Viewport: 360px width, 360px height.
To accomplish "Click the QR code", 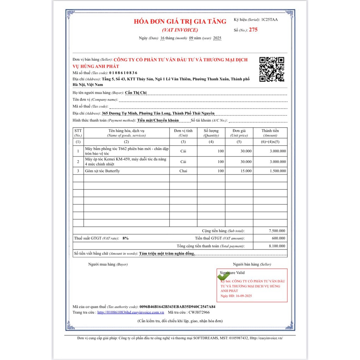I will tap(271, 69).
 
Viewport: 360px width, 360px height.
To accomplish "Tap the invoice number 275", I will tap(253, 30).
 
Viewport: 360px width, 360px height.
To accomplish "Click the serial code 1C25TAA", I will tap(269, 20).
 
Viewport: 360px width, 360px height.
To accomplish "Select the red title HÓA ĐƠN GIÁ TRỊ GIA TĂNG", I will tap(180, 21).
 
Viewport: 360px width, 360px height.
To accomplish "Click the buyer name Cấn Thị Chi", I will tap(136, 93).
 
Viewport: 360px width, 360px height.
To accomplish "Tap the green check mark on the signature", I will tap(223, 277).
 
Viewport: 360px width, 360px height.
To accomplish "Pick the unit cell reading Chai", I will tap(183, 171).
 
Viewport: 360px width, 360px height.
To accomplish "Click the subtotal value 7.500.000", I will tap(277, 231).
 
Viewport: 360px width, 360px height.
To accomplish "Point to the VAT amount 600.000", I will tap(279, 238).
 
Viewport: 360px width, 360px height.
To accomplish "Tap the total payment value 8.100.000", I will tap(277, 246).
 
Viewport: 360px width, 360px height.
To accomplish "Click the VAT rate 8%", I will tap(126, 238).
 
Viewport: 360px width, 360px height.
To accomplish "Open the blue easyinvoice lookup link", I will tap(131, 312).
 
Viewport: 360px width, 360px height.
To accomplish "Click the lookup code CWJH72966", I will tap(199, 312).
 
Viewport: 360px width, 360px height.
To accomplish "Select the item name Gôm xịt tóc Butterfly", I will tap(102, 171).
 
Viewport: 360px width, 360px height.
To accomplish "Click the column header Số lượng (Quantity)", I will tap(211, 133).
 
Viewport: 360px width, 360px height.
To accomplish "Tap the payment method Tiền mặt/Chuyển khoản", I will tap(158, 120).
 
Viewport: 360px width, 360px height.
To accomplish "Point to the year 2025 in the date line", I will tap(217, 38).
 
